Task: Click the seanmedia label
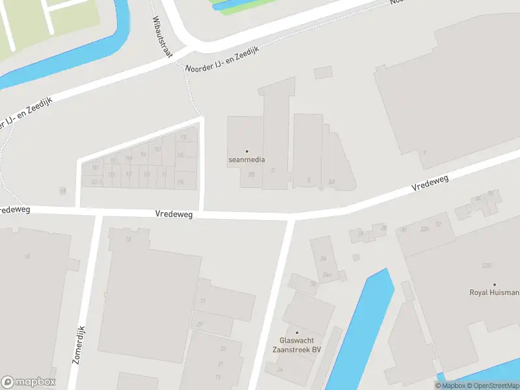(x=246, y=159)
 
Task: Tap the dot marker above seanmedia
(x=246, y=151)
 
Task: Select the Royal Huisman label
(x=494, y=292)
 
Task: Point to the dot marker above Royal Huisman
(x=494, y=285)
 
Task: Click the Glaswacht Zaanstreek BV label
(x=300, y=344)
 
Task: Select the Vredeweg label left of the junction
(x=174, y=214)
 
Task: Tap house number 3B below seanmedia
(x=252, y=174)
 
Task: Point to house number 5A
(x=331, y=181)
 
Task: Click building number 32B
(x=486, y=266)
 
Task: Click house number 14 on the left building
(x=27, y=256)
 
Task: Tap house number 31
(x=203, y=300)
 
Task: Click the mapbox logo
(x=29, y=382)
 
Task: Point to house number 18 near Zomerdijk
(x=128, y=239)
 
